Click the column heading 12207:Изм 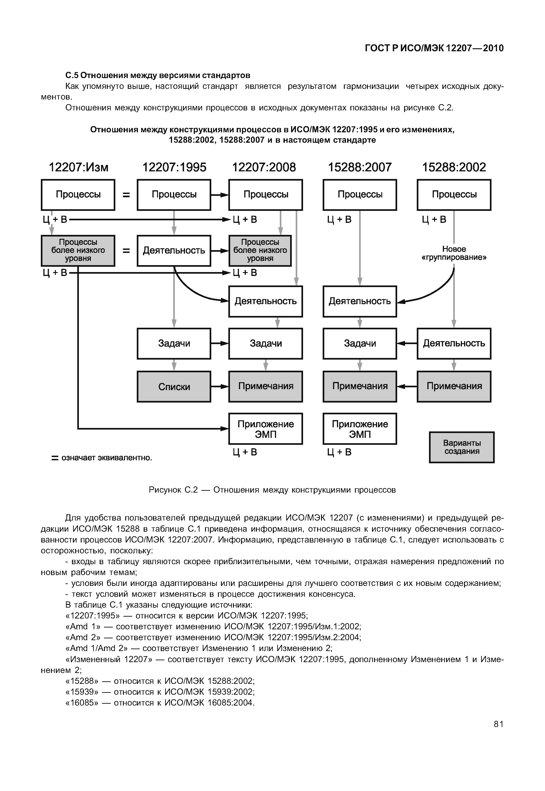coord(79,167)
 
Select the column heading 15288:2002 coord(454,167)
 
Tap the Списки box coord(174,387)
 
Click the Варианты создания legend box coord(462,447)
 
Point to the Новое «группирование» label coord(454,253)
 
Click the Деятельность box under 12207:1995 coord(174,251)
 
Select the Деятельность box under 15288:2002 coord(454,343)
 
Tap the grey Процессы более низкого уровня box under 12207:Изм coord(78,251)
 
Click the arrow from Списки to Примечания coord(220,387)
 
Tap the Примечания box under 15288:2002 coord(454,386)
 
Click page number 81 coord(498,724)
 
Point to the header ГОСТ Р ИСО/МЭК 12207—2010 coord(434,48)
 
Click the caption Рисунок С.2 coord(272,490)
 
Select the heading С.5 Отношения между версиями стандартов coord(158,75)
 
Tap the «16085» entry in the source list coord(160,703)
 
